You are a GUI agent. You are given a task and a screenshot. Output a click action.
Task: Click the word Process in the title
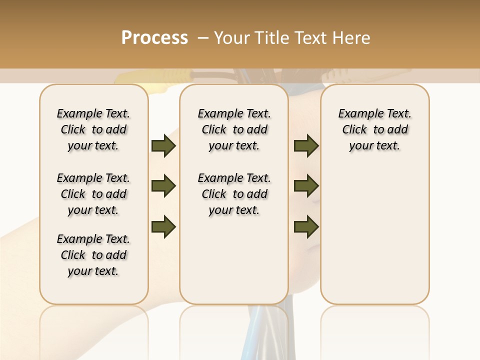click(154, 38)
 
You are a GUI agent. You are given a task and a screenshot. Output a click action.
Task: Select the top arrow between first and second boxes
click(163, 146)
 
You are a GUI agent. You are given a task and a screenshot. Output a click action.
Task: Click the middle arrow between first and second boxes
click(163, 186)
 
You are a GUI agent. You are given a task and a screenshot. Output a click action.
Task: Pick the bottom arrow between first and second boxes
click(163, 226)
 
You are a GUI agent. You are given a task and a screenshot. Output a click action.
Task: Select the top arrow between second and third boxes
click(306, 146)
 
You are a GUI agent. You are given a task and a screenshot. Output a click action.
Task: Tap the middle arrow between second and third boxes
click(306, 186)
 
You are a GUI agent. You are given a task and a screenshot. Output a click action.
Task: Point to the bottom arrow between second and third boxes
click(306, 226)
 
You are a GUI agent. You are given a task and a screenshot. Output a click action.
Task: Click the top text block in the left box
click(93, 129)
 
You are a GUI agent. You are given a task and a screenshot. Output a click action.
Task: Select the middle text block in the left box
click(93, 194)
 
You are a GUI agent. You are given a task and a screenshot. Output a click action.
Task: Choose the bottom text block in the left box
click(93, 255)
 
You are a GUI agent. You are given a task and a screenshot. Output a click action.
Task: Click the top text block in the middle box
click(234, 129)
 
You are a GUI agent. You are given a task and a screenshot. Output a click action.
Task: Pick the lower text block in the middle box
click(234, 194)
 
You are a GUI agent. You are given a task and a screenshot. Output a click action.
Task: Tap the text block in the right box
click(374, 129)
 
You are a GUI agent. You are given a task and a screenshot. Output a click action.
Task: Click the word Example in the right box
click(356, 113)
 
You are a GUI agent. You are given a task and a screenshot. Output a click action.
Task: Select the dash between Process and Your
click(203, 38)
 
